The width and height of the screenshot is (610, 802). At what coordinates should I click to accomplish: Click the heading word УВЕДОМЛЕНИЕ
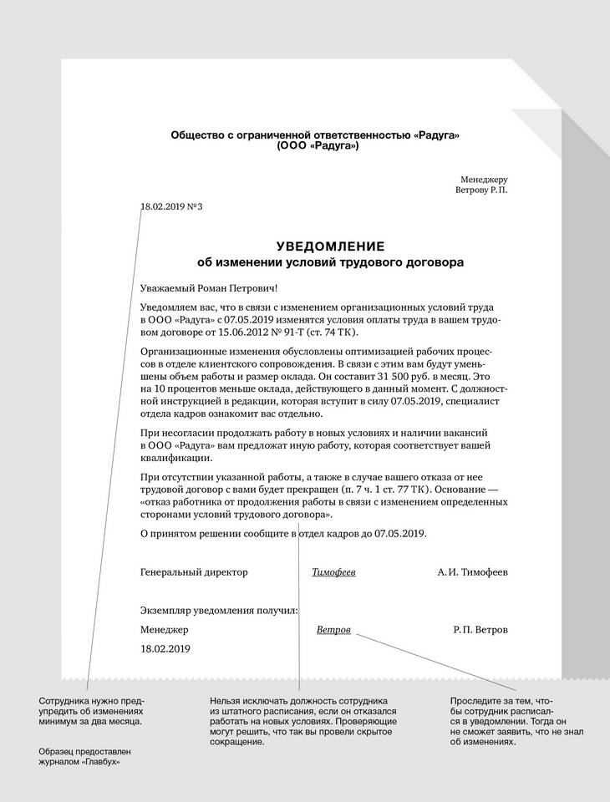329,246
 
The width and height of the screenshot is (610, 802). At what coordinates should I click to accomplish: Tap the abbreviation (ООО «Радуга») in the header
317,146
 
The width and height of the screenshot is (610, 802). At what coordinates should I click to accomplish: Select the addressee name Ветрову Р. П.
481,190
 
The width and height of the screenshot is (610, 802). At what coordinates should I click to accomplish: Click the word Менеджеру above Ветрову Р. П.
484,179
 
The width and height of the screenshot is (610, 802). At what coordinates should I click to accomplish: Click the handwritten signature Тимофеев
333,572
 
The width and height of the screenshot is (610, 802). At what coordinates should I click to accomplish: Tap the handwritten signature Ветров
334,629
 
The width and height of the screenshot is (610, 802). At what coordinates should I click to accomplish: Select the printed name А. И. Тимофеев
472,572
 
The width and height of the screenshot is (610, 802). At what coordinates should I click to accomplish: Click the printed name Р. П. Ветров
480,629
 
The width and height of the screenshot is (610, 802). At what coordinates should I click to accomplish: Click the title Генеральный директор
195,572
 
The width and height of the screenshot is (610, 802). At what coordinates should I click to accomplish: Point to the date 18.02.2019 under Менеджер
166,648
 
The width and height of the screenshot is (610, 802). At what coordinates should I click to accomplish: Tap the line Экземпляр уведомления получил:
220,611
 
